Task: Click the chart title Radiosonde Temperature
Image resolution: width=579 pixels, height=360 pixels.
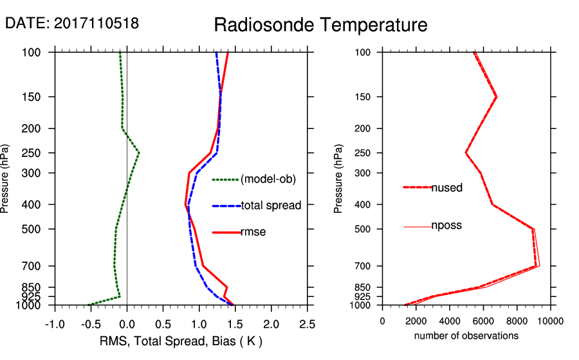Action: tap(320, 25)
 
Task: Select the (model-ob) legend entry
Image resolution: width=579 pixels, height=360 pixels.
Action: tap(268, 179)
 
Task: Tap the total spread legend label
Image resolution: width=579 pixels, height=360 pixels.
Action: tap(271, 206)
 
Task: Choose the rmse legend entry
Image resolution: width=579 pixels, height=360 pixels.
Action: tap(253, 232)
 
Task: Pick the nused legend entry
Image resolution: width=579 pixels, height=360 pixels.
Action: tap(447, 188)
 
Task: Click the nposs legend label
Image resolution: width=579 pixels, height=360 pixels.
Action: tap(446, 226)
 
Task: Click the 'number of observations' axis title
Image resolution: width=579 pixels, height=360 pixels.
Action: tap(466, 336)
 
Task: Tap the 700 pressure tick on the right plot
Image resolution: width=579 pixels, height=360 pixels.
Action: tap(363, 265)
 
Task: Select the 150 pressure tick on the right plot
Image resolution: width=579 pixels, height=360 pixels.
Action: tap(363, 97)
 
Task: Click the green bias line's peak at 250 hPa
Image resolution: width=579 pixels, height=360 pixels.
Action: tap(139, 153)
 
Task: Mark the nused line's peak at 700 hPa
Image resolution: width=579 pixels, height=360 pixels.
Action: tap(536, 265)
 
